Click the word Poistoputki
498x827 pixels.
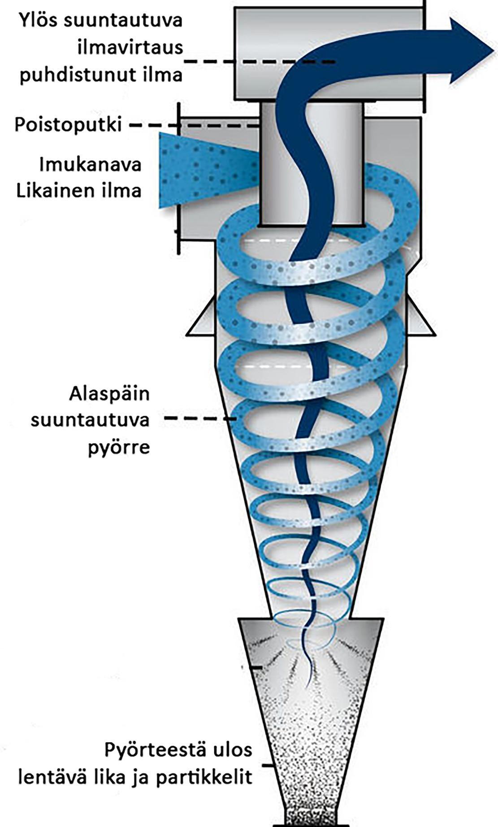[68, 124]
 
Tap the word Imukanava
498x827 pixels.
[90, 165]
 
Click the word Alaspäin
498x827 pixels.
[109, 395]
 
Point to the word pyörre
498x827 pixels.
[118, 448]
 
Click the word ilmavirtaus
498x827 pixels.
[130, 47]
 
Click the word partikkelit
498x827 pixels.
[204, 777]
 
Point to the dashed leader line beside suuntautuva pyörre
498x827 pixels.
[201, 419]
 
